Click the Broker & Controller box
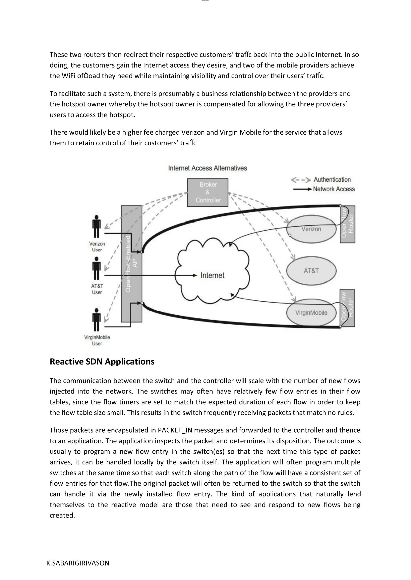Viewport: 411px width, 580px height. (x=208, y=192)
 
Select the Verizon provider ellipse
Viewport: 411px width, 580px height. (x=311, y=229)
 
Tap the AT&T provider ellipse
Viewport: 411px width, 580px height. (x=311, y=271)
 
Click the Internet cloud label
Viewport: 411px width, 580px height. (x=212, y=275)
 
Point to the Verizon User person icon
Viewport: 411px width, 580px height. (x=96, y=227)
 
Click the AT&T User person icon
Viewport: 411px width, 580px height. (x=96, y=269)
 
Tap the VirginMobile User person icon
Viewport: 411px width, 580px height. (x=96, y=320)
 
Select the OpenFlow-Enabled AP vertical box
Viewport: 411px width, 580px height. (x=131, y=264)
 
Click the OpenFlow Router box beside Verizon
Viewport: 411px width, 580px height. (x=347, y=224)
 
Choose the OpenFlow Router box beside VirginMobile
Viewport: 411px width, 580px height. (x=347, y=308)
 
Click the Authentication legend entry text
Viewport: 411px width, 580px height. (x=332, y=180)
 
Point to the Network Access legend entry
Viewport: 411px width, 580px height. (x=334, y=189)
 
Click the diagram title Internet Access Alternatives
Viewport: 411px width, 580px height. (x=208, y=168)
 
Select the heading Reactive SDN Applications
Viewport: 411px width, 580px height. (x=102, y=361)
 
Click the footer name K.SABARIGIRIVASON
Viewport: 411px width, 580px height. (x=78, y=563)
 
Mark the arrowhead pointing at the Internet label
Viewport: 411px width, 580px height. (x=195, y=275)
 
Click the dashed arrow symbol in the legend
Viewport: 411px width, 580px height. (x=301, y=180)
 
